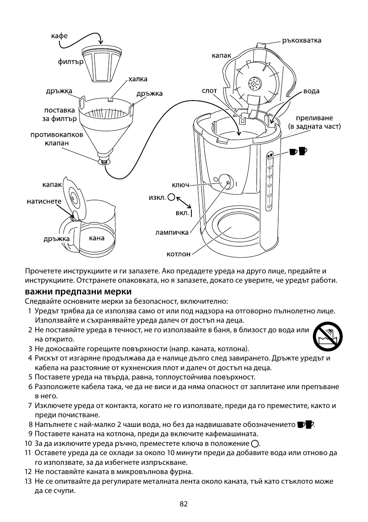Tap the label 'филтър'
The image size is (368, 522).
(x=70, y=63)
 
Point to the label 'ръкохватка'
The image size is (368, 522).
(x=302, y=40)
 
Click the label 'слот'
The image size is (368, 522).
(x=209, y=90)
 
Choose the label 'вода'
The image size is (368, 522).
(x=311, y=91)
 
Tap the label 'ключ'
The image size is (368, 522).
(x=180, y=185)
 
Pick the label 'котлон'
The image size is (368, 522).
(x=178, y=254)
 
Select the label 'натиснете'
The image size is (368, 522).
(x=44, y=201)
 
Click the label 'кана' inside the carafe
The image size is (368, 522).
(x=97, y=238)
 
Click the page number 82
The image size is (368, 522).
(x=183, y=504)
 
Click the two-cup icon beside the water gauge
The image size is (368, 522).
(x=299, y=150)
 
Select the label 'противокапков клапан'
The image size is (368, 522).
(x=57, y=139)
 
